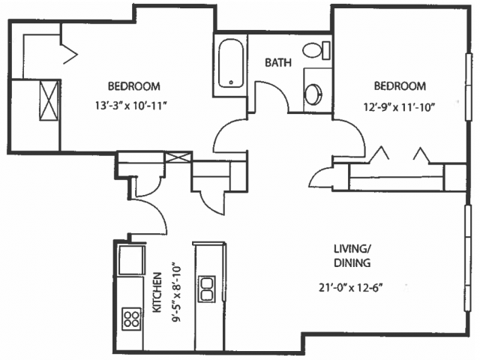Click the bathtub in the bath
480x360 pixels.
pos(231,63)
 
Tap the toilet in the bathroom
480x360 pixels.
pos(316,50)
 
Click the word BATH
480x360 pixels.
pos(278,63)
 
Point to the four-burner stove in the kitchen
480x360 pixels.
pos(132,319)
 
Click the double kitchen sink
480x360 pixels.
pos(207,289)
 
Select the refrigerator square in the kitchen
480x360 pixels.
pos(132,259)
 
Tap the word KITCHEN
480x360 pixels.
pos(157,292)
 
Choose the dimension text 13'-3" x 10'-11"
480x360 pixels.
pos(132,106)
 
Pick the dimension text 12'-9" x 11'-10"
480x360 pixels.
pos(400,107)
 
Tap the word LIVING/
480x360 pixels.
pos(351,249)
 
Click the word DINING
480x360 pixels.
pos(352,263)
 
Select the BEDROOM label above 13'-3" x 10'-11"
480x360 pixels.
pos(134,86)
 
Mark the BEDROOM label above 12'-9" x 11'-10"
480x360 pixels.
pos(400,86)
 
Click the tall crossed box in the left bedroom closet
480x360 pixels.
pos(49,100)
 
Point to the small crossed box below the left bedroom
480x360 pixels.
pos(178,157)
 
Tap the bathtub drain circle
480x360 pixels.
pos(231,82)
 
